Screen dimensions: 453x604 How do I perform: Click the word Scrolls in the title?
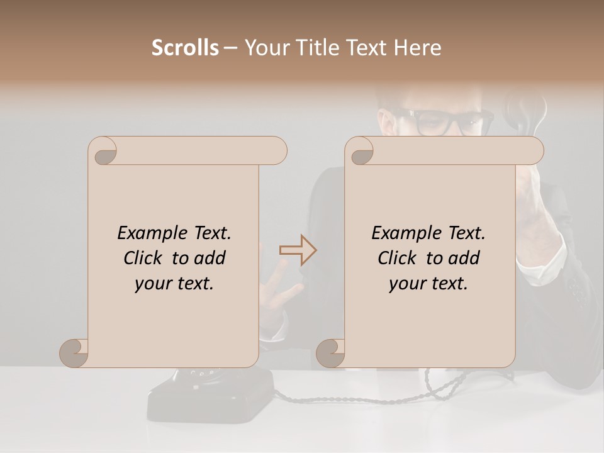click(185, 48)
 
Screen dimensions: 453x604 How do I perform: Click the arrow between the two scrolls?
click(298, 250)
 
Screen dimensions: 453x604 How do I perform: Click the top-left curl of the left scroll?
click(104, 152)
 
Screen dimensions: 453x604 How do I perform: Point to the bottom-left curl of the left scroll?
click(74, 353)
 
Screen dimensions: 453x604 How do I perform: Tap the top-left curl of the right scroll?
click(361, 152)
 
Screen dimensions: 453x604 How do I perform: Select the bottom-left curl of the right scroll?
click(330, 353)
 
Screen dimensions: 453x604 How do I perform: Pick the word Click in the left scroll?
click(144, 258)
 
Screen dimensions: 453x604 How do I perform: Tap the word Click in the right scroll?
click(398, 258)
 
